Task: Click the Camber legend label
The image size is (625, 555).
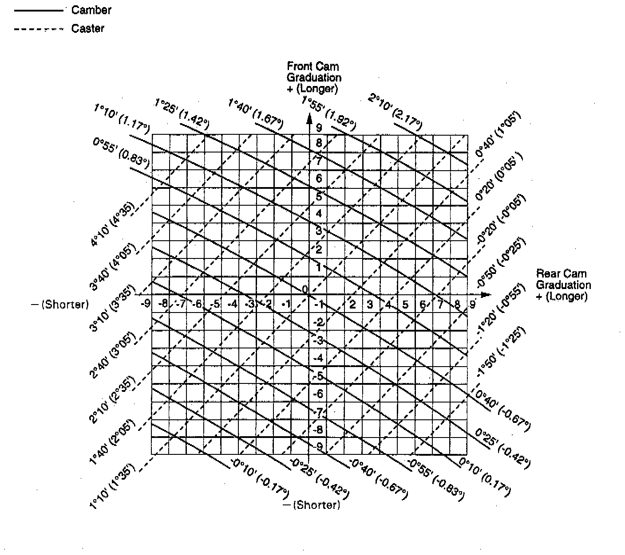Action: [91, 10]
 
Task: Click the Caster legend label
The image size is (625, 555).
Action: [87, 28]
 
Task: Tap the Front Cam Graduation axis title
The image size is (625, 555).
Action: [313, 77]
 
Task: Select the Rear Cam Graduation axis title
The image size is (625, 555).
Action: [563, 285]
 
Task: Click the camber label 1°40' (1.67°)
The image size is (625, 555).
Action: [255, 115]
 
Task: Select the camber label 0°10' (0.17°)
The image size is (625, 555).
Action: [485, 477]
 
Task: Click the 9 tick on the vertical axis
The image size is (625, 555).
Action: [318, 128]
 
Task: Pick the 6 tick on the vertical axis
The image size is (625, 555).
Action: [318, 179]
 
